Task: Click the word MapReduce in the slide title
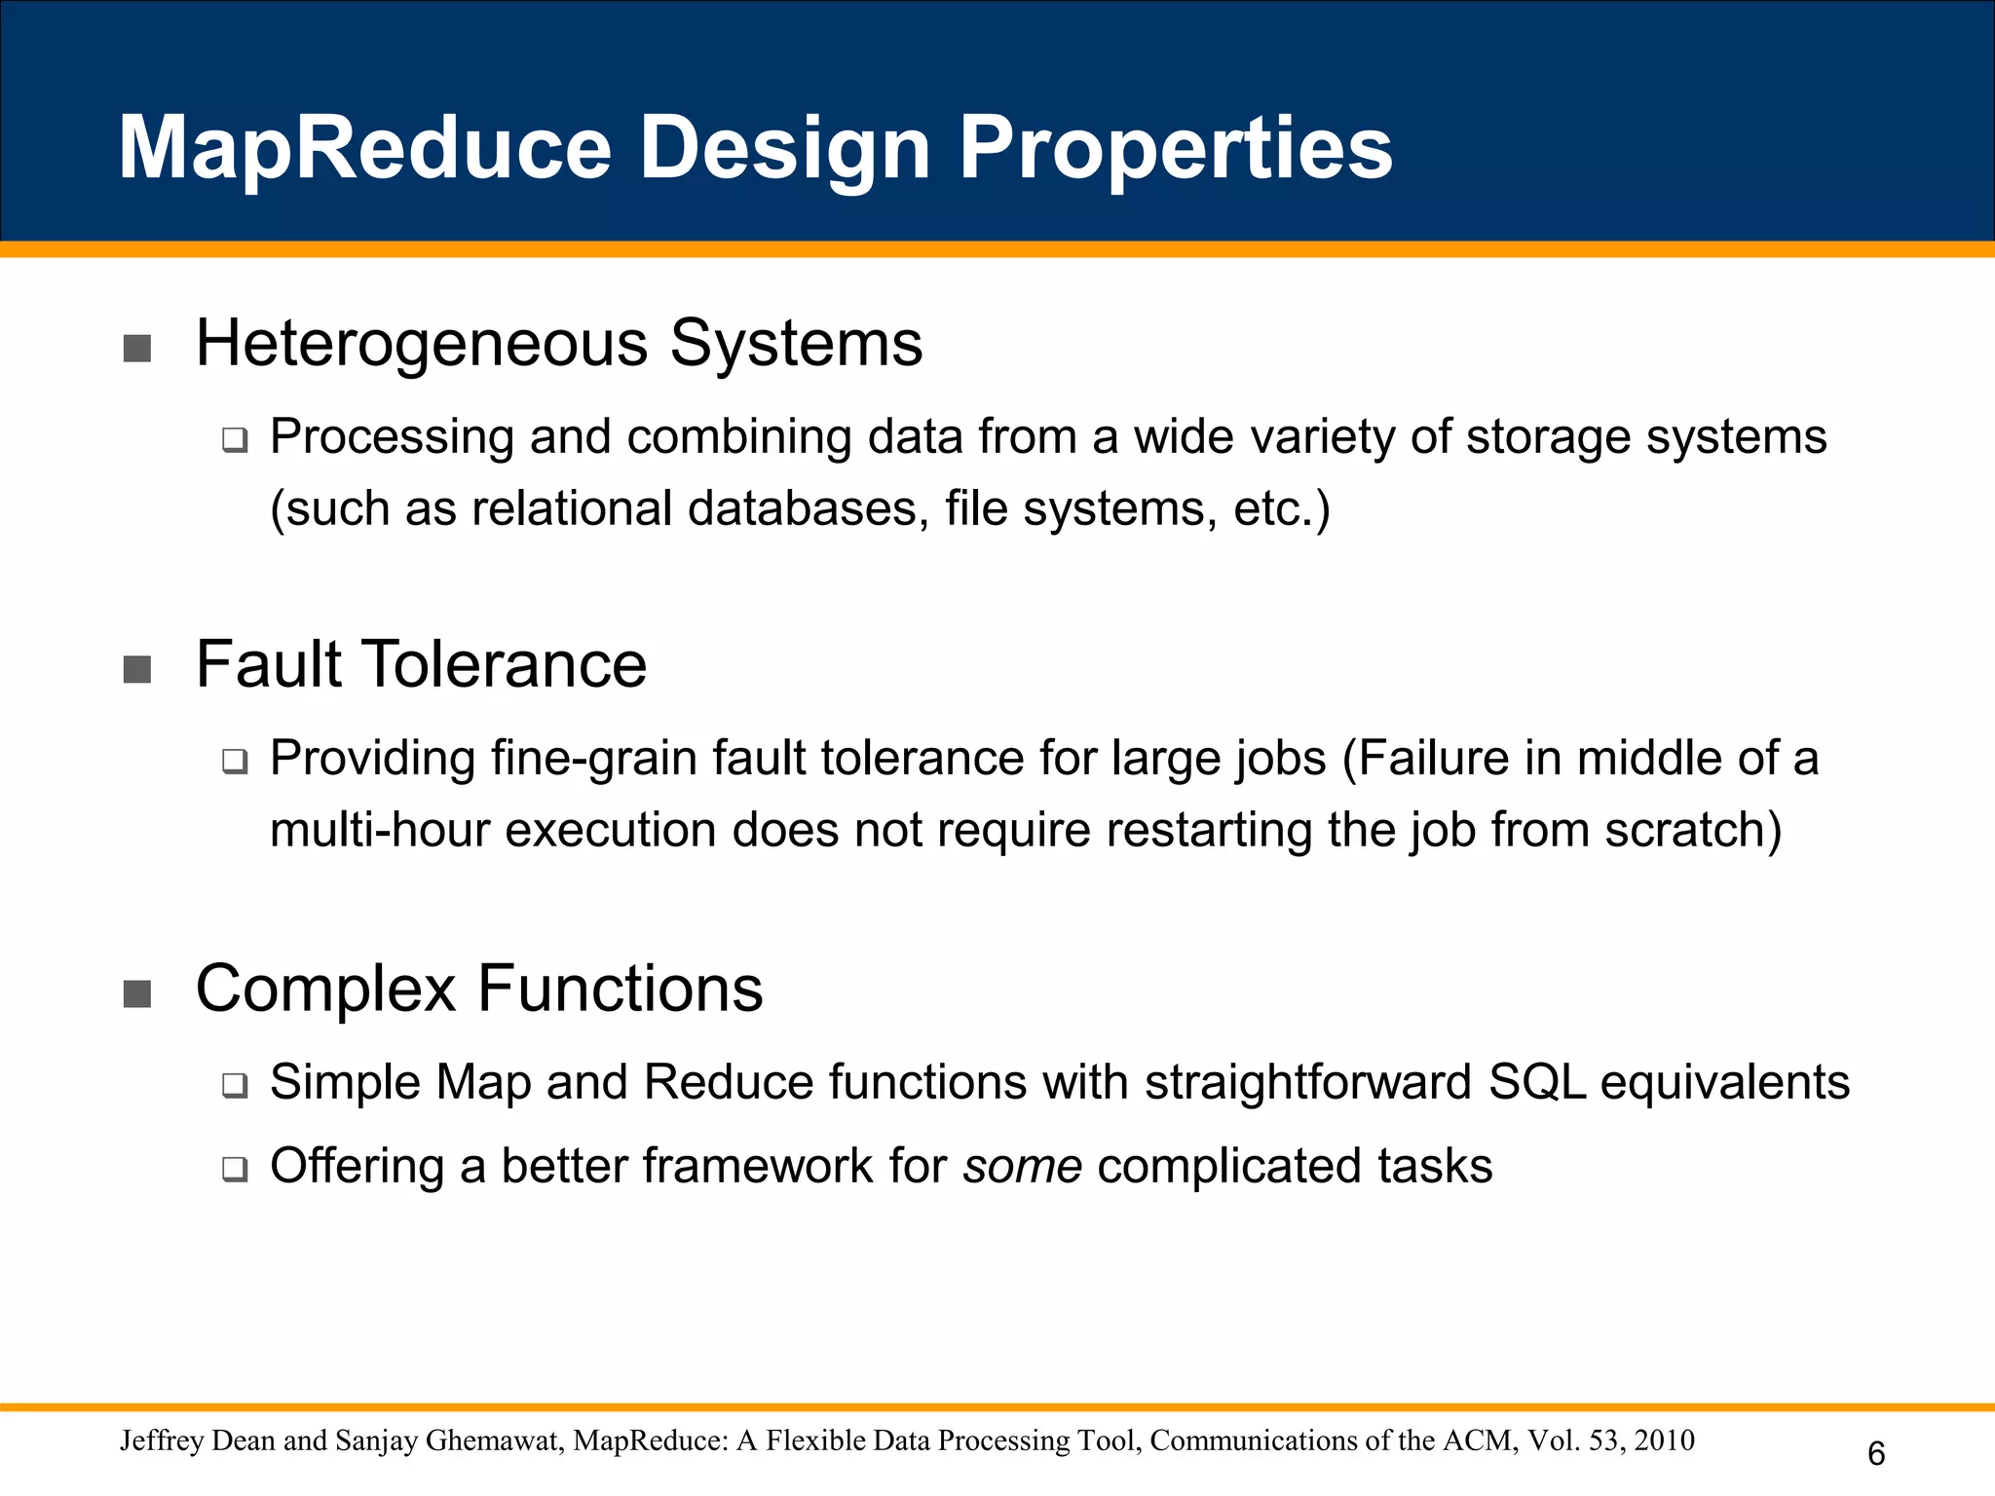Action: pos(365,148)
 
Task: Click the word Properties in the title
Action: pos(1176,148)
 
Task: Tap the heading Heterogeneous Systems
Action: pos(558,344)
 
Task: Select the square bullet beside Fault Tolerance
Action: pos(137,670)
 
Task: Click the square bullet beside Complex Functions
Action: pos(137,993)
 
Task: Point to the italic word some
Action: pos(1022,1166)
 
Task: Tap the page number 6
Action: pos(1876,1454)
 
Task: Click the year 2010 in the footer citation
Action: pos(1664,1440)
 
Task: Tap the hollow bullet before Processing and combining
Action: pos(235,440)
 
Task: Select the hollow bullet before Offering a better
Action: pos(235,1169)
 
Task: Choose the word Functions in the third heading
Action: pos(620,989)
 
